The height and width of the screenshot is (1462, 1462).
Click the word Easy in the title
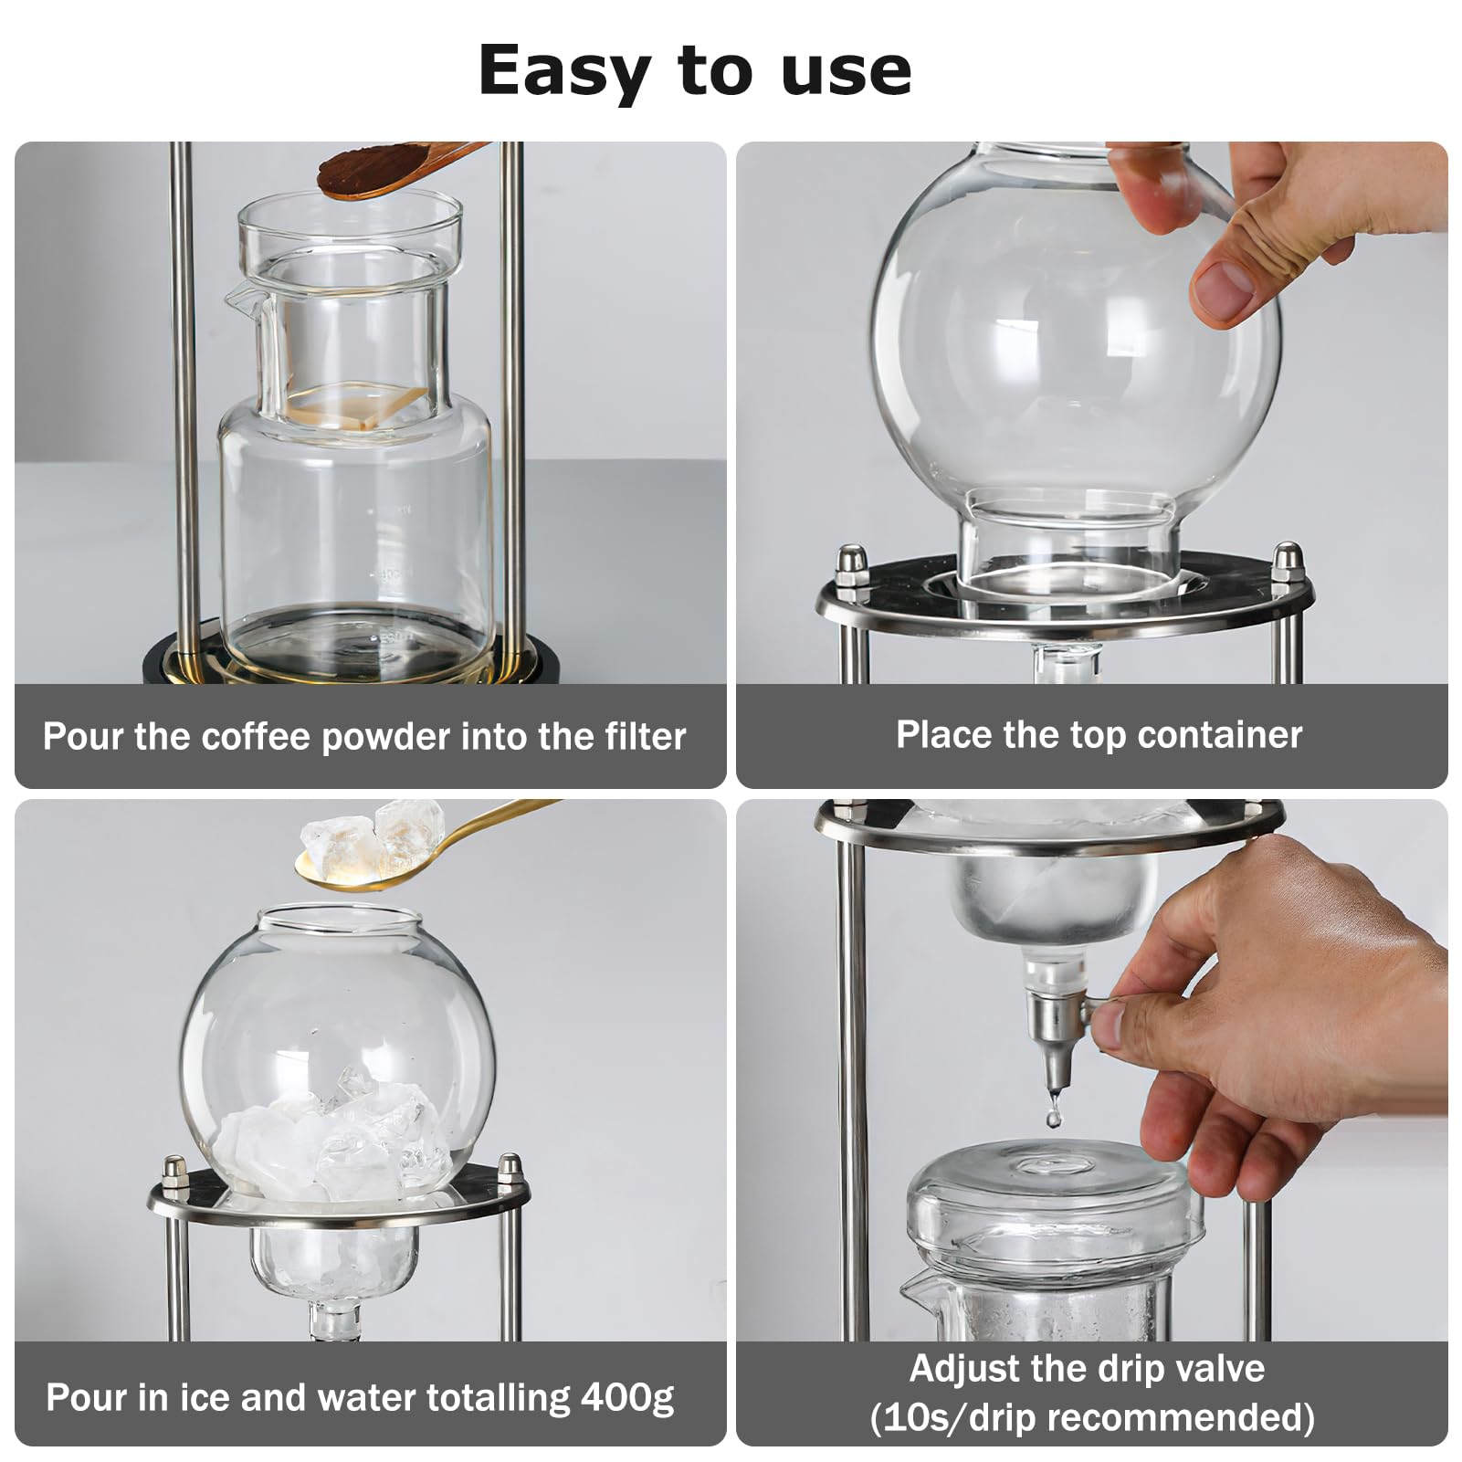[x=563, y=71]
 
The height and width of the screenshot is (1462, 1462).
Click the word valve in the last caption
[x=1221, y=1369]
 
